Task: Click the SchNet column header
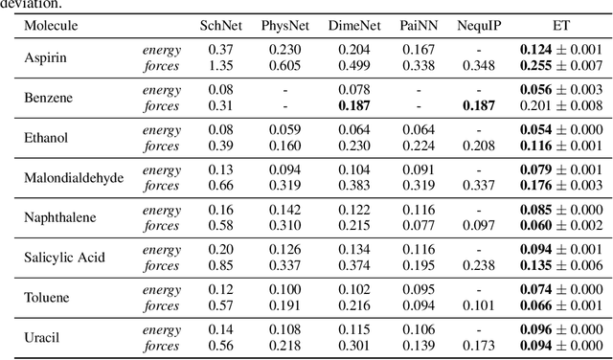221,25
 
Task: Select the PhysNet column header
284,25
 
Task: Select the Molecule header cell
52,25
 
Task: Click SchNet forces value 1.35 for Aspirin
221,64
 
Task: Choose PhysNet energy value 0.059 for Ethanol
284,129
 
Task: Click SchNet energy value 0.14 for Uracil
221,330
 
